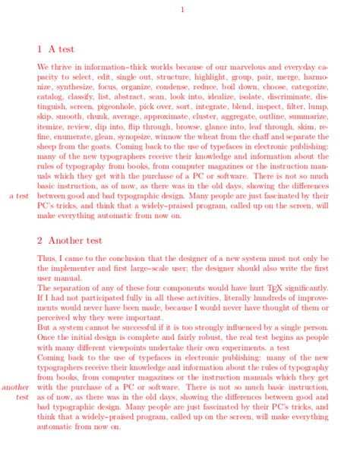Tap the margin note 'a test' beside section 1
19,196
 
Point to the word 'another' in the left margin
16,387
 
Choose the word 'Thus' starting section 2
46,259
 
